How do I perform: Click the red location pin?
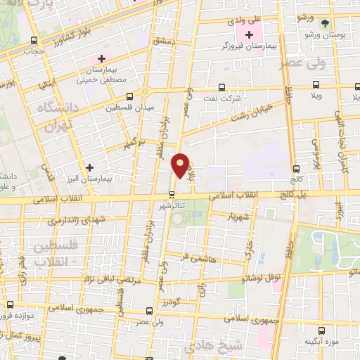tap(181, 165)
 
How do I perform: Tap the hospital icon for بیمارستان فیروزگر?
tap(249, 34)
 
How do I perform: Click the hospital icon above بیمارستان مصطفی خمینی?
tap(102, 58)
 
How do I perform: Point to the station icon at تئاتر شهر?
tap(172, 194)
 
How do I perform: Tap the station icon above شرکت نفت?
tap(222, 88)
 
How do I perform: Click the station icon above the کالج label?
tap(295, 168)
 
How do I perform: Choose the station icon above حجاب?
tap(36, 41)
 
